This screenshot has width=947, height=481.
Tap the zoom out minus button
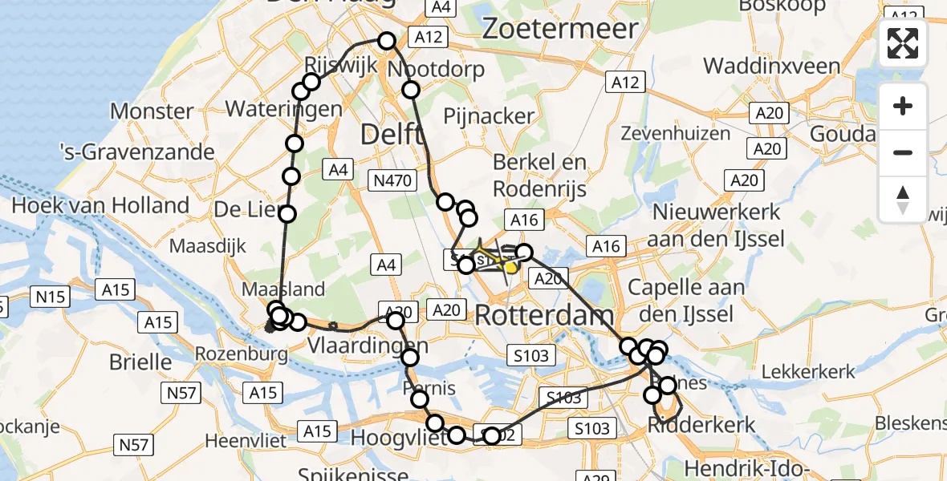[x=903, y=152]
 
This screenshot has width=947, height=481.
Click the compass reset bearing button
[x=903, y=199]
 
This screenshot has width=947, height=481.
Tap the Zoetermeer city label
[x=560, y=29]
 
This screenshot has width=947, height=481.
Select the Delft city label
[x=392, y=134]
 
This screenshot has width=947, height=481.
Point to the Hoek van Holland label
[x=100, y=205]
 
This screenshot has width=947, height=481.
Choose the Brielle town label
[x=140, y=362]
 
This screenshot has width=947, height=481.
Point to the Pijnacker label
[x=489, y=116]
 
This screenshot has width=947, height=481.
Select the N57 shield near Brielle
[x=181, y=393]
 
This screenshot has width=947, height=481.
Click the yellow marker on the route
[x=510, y=268]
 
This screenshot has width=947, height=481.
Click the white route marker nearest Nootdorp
[x=410, y=90]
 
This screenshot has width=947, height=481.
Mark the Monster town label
[x=152, y=111]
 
